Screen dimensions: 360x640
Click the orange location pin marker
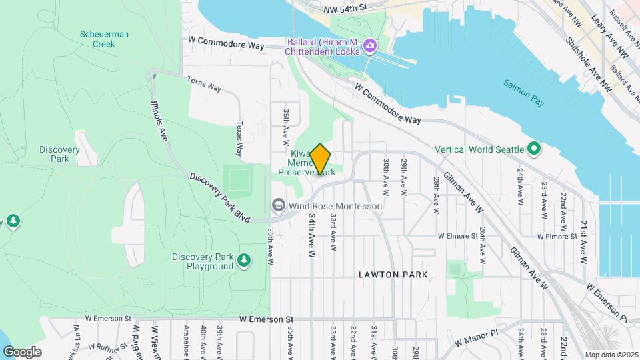[x=321, y=159]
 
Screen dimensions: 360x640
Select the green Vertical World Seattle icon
[x=534, y=149]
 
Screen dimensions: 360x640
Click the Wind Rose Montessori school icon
[x=278, y=206]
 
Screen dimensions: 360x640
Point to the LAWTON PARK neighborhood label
[x=393, y=275]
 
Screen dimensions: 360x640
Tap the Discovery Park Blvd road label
[x=219, y=198]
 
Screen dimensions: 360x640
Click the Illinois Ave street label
[x=159, y=121]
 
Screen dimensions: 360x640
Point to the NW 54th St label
[x=345, y=9]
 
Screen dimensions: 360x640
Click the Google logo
[x=23, y=351]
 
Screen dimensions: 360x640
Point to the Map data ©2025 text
[x=611, y=355]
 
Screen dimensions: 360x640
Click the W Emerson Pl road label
[x=607, y=302]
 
